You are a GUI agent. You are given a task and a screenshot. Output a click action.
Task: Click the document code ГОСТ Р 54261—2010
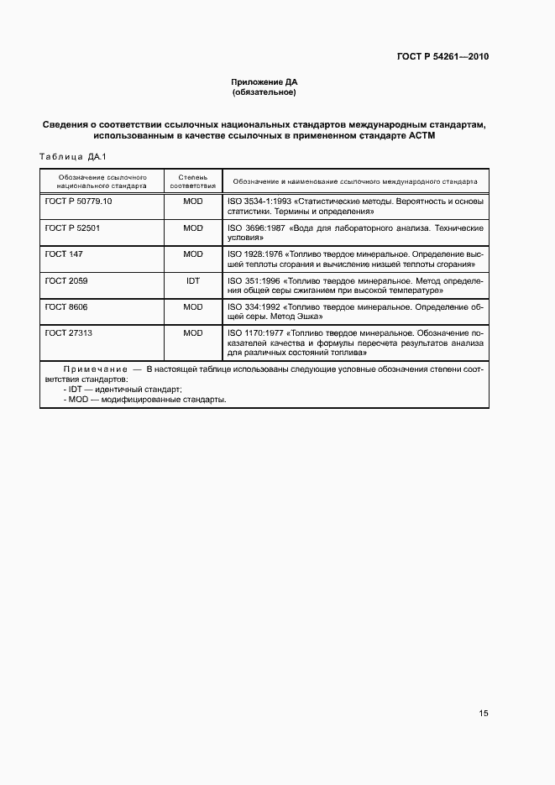click(x=442, y=57)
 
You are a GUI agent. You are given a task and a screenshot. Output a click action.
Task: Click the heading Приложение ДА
click(x=264, y=82)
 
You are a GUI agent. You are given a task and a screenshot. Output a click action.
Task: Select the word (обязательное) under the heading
click(x=264, y=92)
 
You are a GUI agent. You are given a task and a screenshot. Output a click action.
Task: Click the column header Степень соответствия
click(x=192, y=181)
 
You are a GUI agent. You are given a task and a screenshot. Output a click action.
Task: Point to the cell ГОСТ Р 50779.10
click(x=78, y=202)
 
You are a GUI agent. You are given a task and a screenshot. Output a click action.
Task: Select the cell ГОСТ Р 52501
click(x=72, y=228)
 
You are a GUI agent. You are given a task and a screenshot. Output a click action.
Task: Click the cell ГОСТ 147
click(x=64, y=254)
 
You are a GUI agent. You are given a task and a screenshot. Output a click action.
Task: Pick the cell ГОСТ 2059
click(x=66, y=280)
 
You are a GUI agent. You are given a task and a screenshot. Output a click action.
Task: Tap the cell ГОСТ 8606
click(x=66, y=306)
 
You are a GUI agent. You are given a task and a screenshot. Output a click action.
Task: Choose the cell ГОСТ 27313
click(x=69, y=332)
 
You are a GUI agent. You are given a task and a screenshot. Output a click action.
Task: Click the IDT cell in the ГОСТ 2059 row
click(x=192, y=280)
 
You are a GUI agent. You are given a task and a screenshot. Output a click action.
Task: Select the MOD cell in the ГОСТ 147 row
click(x=192, y=254)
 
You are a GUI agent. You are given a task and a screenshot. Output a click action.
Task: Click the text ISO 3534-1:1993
click(x=256, y=202)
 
